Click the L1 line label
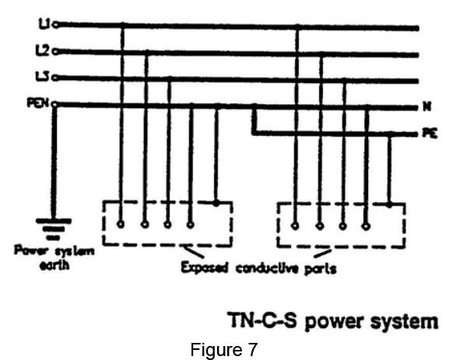(x=44, y=24)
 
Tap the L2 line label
(x=42, y=51)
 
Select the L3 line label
(x=42, y=77)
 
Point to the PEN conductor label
(x=38, y=103)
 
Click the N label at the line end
(x=427, y=107)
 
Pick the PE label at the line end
(x=430, y=133)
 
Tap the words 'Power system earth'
(x=54, y=258)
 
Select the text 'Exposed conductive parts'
(x=258, y=268)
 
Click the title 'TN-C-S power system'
(x=333, y=321)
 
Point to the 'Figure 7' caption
(x=224, y=349)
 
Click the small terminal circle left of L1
(x=55, y=25)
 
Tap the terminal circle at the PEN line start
(x=54, y=104)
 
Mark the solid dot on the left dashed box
(x=216, y=203)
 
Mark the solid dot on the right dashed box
(x=389, y=204)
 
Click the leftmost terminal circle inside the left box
(x=121, y=225)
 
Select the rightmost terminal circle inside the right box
(x=366, y=226)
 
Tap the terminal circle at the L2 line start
(x=55, y=52)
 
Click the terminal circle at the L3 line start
(x=55, y=78)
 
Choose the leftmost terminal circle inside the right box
(x=295, y=226)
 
